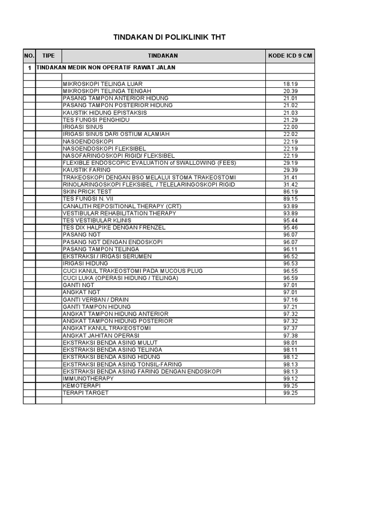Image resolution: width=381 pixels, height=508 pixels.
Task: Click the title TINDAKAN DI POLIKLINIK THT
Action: pyautogui.click(x=170, y=37)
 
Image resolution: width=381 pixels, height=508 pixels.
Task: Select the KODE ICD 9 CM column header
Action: pyautogui.click(x=290, y=56)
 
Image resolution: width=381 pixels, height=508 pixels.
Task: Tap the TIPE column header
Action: pyautogui.click(x=49, y=56)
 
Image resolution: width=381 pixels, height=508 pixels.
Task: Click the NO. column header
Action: pyautogui.click(x=29, y=56)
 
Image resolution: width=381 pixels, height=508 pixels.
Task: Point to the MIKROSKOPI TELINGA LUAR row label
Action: pyautogui.click(x=99, y=84)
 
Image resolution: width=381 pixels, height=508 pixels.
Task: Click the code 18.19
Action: pyautogui.click(x=290, y=84)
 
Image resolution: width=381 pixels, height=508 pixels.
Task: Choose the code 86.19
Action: pyautogui.click(x=290, y=191)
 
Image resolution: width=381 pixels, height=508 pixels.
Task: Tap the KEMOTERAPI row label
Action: pyautogui.click(x=79, y=385)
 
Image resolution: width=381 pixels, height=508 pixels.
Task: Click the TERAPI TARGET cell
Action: pyautogui.click(x=85, y=392)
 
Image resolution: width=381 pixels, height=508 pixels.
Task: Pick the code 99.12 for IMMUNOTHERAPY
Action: pyautogui.click(x=290, y=378)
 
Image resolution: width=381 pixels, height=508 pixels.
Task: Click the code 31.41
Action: pyautogui.click(x=290, y=177)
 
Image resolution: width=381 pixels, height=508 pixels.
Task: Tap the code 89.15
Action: pyautogui.click(x=290, y=198)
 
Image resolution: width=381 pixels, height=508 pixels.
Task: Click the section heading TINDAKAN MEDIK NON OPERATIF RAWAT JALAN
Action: pyautogui.click(x=106, y=67)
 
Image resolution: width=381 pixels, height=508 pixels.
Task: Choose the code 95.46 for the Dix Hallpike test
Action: pyautogui.click(x=290, y=227)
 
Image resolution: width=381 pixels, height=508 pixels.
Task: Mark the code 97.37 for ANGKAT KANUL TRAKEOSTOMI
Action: pyautogui.click(x=290, y=328)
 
